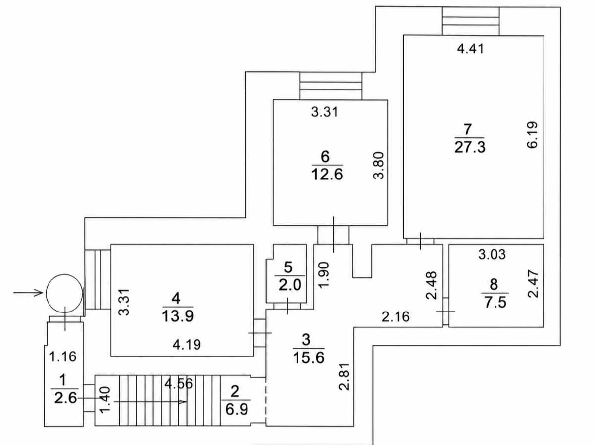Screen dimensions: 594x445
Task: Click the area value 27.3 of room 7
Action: click(470, 147)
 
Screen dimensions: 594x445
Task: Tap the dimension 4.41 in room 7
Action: click(470, 49)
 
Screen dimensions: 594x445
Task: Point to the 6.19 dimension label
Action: click(532, 135)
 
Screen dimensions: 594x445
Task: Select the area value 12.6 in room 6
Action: click(327, 174)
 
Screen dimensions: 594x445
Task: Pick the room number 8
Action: click(494, 284)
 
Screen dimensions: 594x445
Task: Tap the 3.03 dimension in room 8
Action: click(492, 254)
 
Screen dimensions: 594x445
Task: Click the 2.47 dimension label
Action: click(534, 284)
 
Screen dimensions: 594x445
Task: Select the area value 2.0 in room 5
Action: click(290, 285)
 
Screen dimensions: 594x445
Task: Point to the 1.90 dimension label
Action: click(324, 275)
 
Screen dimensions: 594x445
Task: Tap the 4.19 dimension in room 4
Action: click(187, 345)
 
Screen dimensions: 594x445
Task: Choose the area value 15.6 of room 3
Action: click(308, 358)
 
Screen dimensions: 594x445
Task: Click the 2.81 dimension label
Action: click(344, 377)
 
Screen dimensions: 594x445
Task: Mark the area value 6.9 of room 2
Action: click(237, 409)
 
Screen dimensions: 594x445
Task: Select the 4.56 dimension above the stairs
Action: click(179, 383)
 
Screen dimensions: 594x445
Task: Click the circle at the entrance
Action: click(46, 293)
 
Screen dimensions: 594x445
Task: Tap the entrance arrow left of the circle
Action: click(28, 293)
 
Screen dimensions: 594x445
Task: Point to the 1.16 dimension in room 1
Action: click(63, 356)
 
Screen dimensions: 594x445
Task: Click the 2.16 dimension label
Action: click(396, 317)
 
